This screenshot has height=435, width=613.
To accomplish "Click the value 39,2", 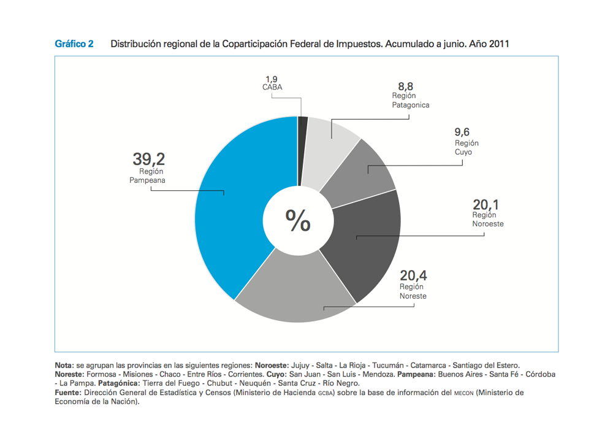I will coord(149,159).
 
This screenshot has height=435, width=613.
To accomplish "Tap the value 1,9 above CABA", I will coord(272,79).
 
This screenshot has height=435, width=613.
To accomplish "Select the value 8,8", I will coord(405,87).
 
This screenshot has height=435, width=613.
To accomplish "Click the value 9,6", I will coord(462,133).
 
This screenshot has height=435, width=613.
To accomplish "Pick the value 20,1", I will coord(485,204).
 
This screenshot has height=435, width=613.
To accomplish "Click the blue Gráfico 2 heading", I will coord(74,44).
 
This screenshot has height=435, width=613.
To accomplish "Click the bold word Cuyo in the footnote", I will coord(276,374).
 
